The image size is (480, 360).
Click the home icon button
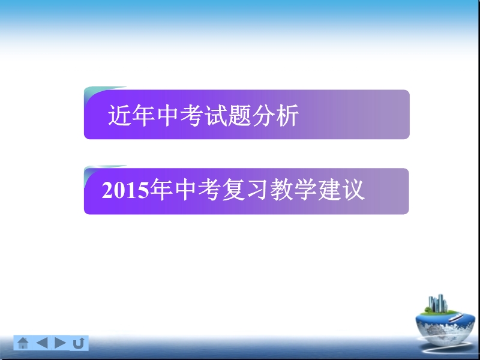click(x=23, y=343)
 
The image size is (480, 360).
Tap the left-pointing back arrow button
click(x=41, y=343)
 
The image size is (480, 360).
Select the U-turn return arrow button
click(x=79, y=343)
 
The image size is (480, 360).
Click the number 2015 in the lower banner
click(x=125, y=190)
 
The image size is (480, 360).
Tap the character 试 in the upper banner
click(x=215, y=115)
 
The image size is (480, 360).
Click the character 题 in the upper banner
click(x=239, y=115)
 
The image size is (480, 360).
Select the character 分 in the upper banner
click(x=263, y=115)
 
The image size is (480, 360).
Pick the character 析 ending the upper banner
click(x=287, y=115)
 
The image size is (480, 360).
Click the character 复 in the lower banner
click(x=233, y=190)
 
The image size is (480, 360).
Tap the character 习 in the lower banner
click(x=257, y=190)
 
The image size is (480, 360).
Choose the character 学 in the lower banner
click(x=305, y=190)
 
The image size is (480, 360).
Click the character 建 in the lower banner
click(x=329, y=190)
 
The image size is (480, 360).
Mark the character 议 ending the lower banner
click(x=353, y=190)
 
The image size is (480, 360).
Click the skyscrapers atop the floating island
click(x=438, y=304)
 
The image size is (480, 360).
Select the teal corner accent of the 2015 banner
click(x=95, y=170)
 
